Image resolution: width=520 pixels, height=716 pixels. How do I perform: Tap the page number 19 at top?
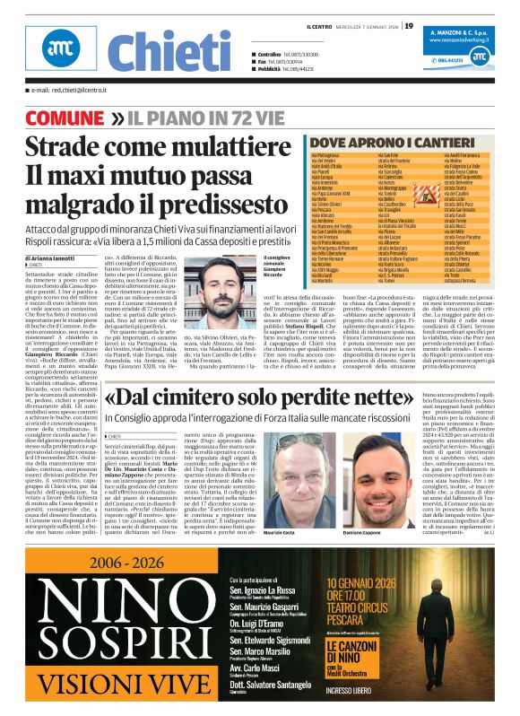tap(409, 25)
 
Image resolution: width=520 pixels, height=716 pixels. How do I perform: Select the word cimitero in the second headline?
tap(215, 395)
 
